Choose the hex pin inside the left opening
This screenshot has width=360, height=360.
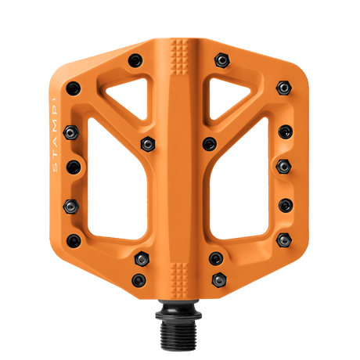point(146,142)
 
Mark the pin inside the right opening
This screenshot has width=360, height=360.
point(209,142)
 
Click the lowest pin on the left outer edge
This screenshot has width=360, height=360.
point(73,239)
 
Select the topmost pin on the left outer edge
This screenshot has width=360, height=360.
point(73,87)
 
